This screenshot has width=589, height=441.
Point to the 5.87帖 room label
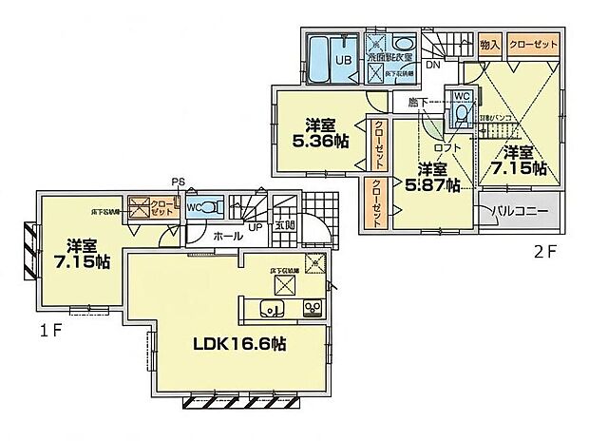(433, 179)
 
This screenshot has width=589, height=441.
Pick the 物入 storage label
(489, 43)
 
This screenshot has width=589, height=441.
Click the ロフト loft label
(446, 148)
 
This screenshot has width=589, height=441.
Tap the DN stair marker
(432, 67)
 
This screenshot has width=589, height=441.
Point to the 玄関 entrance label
(285, 225)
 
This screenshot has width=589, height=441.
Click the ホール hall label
(226, 235)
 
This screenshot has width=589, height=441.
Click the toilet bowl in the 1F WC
(212, 206)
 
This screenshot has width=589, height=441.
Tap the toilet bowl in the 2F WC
(461, 115)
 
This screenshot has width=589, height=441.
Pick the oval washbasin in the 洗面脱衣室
(403, 44)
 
